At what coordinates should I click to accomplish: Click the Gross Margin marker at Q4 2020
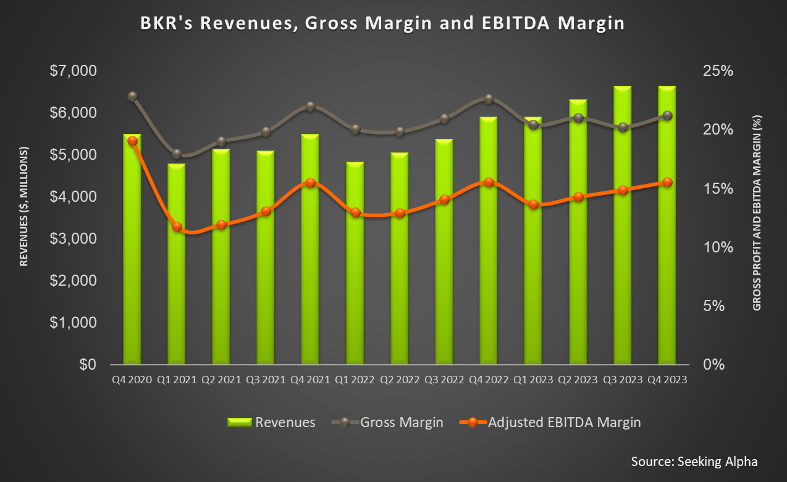click(132, 96)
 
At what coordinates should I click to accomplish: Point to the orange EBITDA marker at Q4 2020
click(132, 141)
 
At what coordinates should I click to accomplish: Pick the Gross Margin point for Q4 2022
click(489, 99)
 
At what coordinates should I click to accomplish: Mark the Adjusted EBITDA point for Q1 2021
click(177, 226)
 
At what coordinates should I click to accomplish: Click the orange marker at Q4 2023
click(667, 182)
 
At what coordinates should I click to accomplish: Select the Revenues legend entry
click(271, 422)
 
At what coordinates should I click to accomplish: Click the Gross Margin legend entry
click(387, 422)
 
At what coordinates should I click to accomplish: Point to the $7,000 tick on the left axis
click(74, 71)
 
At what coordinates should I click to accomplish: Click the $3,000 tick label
click(74, 239)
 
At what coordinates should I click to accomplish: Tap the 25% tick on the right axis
click(717, 71)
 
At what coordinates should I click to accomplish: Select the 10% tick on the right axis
click(717, 247)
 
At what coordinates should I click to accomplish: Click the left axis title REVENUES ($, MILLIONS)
click(24, 207)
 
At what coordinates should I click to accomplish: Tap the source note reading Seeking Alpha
click(694, 462)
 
